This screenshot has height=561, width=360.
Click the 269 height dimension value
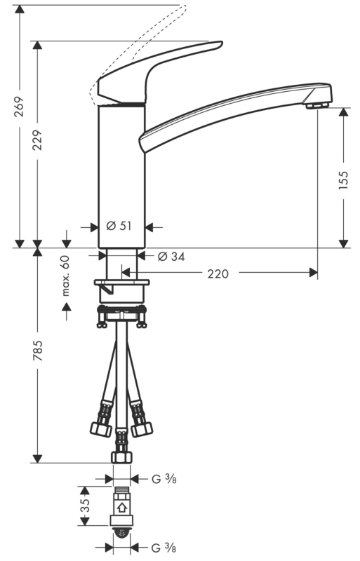pyautogui.click(x=19, y=107)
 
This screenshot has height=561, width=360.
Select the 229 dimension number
pyautogui.click(x=38, y=140)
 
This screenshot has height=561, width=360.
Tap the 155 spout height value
pyautogui.click(x=343, y=180)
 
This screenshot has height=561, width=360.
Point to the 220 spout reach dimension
pyautogui.click(x=218, y=273)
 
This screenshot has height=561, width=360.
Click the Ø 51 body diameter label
pyautogui.click(x=119, y=226)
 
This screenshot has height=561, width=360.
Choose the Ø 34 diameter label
pyautogui.click(x=172, y=257)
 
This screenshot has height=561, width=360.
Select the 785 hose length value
pyautogui.click(x=38, y=350)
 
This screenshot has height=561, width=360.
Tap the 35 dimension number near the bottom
pyautogui.click(x=85, y=506)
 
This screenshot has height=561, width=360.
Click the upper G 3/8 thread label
pyautogui.click(x=164, y=479)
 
